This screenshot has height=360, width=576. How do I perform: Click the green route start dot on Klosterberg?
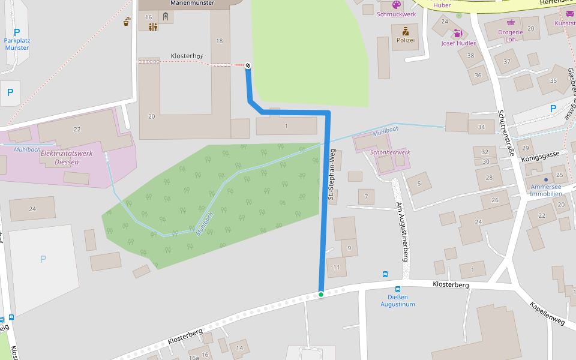pyautogui.click(x=321, y=294)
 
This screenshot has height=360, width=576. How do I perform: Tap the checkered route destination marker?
pyautogui.click(x=248, y=65)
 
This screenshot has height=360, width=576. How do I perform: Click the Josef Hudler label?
pyautogui.click(x=458, y=43)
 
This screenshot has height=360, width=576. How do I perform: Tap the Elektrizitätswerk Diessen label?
pyautogui.click(x=66, y=157)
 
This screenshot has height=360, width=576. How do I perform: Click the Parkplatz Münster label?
pyautogui.click(x=16, y=44)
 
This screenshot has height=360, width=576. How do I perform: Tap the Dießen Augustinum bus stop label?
pyautogui.click(x=397, y=301)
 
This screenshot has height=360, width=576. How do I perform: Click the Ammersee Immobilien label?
pyautogui.click(x=546, y=190)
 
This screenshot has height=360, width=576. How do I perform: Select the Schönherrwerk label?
pyautogui.click(x=390, y=152)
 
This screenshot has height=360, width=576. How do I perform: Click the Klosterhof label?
pyautogui.click(x=187, y=56)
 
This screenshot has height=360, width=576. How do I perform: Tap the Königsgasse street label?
pyautogui.click(x=540, y=156)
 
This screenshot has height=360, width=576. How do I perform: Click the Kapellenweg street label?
pyautogui.click(x=547, y=313)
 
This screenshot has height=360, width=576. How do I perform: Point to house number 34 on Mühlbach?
pyautogui.click(x=481, y=127)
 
